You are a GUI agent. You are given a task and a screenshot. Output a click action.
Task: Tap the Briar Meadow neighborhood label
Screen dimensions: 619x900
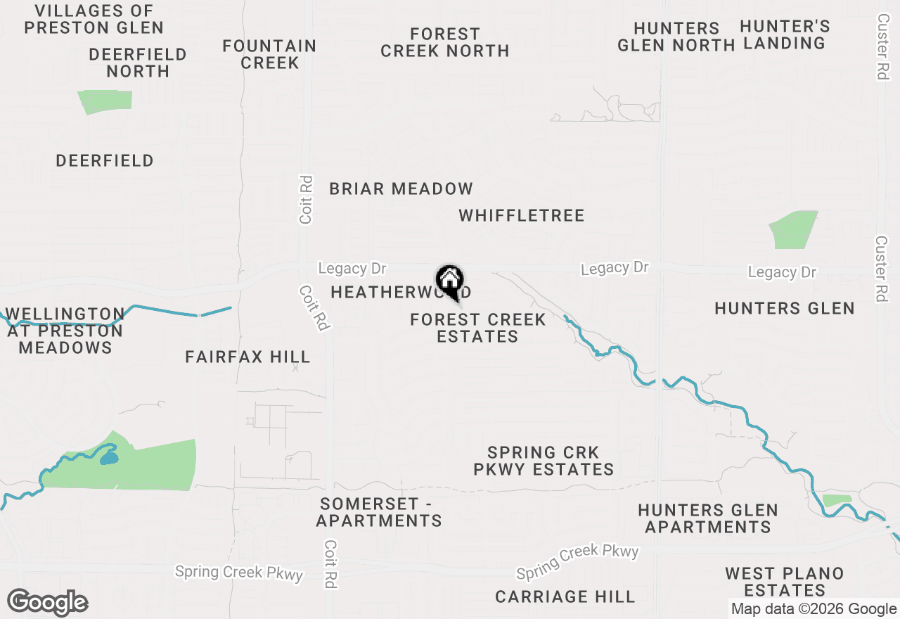401,189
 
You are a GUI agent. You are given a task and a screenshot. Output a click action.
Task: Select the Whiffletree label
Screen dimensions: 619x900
522,215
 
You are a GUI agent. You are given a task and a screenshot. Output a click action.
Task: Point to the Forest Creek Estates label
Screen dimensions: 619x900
478,328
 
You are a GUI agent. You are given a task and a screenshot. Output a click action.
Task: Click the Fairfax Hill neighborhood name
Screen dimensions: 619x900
247,357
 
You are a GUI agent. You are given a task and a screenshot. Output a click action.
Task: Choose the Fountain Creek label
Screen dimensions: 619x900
269,54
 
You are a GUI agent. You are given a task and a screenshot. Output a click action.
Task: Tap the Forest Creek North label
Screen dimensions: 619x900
444,42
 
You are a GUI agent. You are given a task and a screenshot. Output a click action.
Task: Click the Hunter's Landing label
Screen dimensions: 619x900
785,35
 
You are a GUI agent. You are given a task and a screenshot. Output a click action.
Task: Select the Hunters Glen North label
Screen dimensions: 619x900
676,37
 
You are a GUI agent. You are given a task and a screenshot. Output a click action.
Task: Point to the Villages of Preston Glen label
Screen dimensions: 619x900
94,20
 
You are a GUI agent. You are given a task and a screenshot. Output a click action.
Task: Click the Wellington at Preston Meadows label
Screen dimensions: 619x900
65,331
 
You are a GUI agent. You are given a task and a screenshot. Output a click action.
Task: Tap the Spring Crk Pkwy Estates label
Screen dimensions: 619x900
544,461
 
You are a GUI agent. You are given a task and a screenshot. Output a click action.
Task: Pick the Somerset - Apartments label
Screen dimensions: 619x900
379,512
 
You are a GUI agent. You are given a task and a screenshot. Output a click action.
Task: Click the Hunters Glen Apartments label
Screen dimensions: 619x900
708,518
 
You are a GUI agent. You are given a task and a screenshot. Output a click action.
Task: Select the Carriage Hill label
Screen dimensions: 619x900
565,597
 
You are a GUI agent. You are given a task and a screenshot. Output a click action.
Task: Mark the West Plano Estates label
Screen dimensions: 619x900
785,582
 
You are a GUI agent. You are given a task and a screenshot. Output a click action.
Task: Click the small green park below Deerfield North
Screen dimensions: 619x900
105,102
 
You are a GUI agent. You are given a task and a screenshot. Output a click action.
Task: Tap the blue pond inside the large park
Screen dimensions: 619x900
108,458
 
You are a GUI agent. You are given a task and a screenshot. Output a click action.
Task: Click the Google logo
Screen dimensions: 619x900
47,603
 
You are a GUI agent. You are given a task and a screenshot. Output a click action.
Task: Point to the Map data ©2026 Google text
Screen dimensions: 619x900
814,609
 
